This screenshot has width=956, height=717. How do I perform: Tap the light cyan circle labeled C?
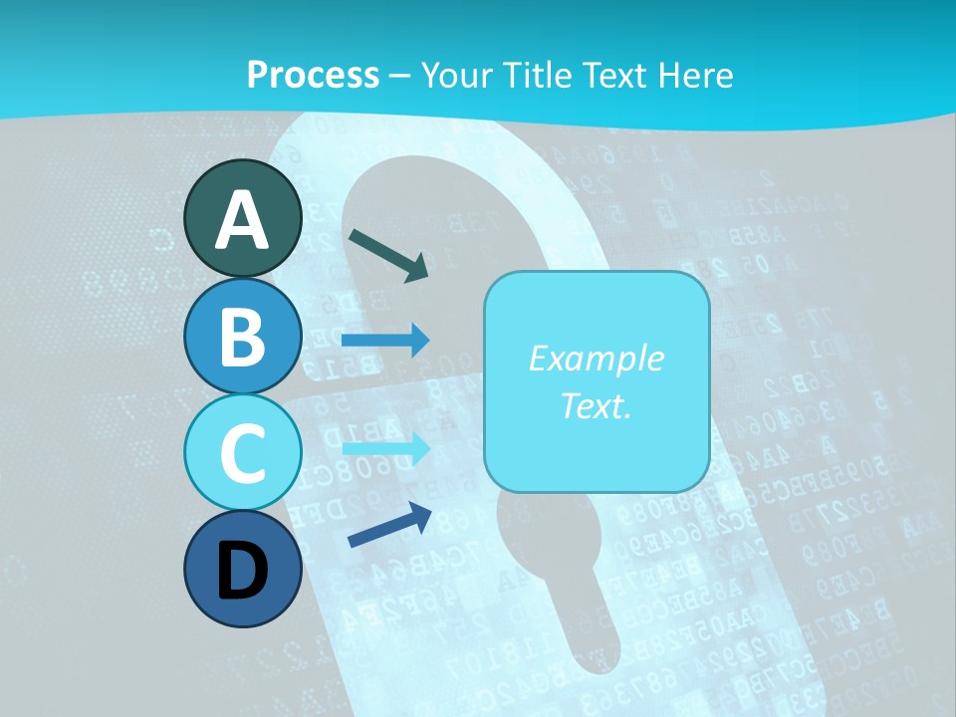click(243, 452)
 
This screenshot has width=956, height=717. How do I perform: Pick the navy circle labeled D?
click(243, 570)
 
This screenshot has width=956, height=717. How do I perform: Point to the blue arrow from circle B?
click(385, 341)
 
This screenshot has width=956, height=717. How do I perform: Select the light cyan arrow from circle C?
click(385, 448)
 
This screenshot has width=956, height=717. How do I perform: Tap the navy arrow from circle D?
click(389, 526)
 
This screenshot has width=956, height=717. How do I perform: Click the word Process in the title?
click(313, 75)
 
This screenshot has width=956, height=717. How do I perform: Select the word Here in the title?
click(697, 75)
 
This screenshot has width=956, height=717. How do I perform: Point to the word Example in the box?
click(596, 358)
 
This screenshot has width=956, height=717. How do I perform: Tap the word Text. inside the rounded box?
click(596, 405)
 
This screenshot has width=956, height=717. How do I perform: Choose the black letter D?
click(243, 573)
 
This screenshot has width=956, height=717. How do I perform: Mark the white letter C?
click(243, 453)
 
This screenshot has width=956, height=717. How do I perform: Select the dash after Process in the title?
click(400, 76)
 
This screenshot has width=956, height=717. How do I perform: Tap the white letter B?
click(243, 337)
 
